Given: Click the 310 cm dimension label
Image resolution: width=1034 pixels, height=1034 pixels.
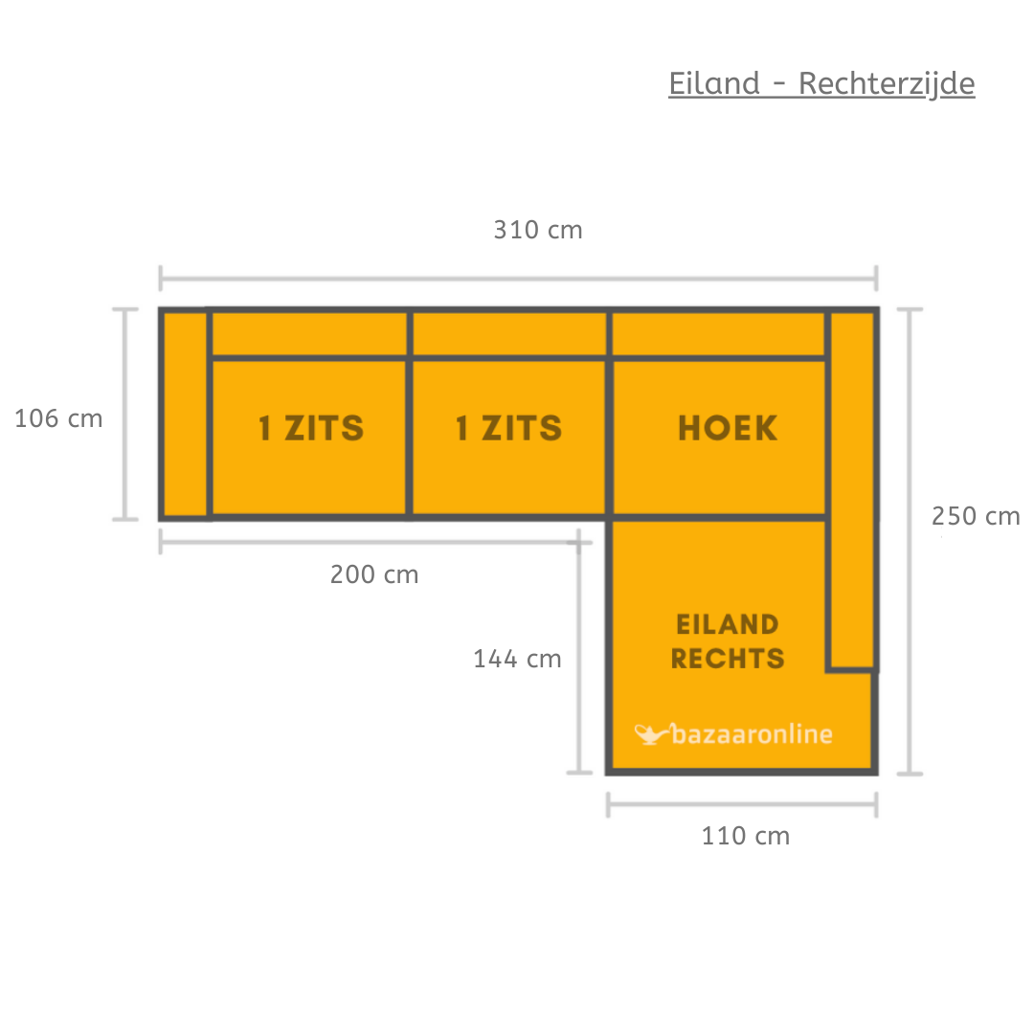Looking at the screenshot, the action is (538, 231).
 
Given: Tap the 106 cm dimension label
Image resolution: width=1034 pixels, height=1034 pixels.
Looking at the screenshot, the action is (58, 418).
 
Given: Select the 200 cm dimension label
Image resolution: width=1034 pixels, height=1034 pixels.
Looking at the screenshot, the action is (374, 574).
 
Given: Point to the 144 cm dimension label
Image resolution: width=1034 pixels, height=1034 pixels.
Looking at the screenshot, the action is (517, 659).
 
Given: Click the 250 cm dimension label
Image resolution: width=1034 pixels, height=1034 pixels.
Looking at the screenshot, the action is (976, 516).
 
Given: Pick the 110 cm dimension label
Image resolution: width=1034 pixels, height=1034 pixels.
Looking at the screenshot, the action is (746, 836).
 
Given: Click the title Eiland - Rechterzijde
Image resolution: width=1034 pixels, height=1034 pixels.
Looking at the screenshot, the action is (821, 84).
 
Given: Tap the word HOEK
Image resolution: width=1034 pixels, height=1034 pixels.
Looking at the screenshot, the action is (728, 429).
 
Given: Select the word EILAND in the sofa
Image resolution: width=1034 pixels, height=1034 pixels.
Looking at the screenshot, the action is (728, 625).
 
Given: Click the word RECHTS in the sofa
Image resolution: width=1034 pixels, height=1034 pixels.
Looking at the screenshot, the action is (728, 659).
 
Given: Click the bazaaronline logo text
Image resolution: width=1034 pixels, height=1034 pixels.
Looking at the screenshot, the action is (753, 734).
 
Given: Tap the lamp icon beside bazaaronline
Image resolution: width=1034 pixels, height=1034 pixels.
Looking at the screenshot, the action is (651, 734).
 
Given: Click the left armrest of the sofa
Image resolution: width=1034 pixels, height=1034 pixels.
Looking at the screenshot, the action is (185, 414).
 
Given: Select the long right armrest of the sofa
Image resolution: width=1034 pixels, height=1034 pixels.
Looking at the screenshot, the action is (851, 488).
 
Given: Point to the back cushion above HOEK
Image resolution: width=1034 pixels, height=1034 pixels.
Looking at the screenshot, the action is (718, 334).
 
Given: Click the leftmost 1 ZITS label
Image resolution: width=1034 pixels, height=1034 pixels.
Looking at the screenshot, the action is (311, 429).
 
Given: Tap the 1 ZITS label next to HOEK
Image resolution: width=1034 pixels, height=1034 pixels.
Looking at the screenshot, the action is (508, 429).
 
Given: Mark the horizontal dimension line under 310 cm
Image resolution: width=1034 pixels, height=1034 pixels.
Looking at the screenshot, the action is (518, 280).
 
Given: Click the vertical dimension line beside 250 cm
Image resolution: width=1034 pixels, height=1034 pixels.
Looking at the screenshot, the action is (910, 541).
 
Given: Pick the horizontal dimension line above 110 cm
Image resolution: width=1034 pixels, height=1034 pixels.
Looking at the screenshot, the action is (742, 805).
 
